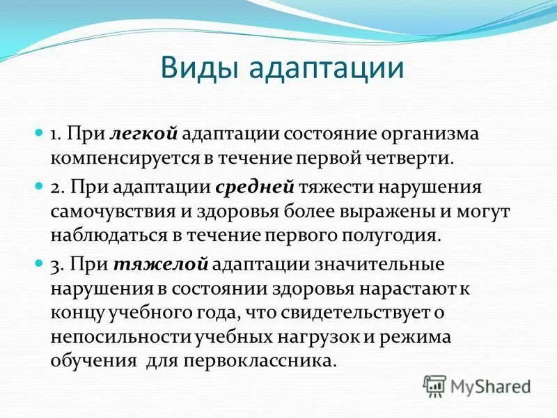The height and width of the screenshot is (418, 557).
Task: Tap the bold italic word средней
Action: pos(257,187)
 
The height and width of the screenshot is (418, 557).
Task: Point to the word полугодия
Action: pos(400,234)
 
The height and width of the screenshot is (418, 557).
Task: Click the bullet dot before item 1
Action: pos(40,132)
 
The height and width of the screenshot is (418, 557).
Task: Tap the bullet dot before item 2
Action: pos(40,187)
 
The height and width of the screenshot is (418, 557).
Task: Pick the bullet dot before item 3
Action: pos(40,265)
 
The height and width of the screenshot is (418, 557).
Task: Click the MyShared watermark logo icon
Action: pos(434,385)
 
